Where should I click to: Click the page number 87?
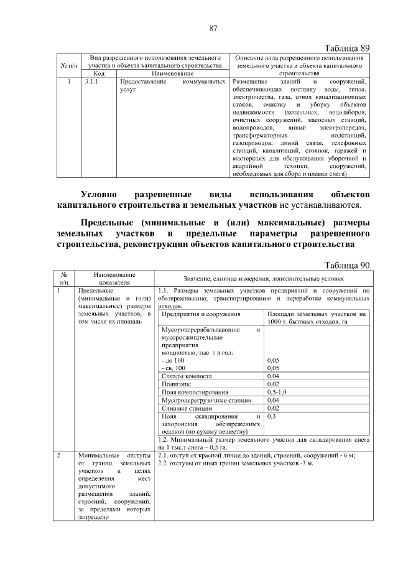click(x=213, y=27)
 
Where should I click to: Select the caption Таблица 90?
click(x=348, y=265)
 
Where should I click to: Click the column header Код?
click(x=98, y=73)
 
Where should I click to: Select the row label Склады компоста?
click(x=187, y=376)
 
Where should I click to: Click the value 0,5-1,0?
click(x=277, y=393)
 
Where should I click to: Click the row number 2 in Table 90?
click(x=58, y=455)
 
